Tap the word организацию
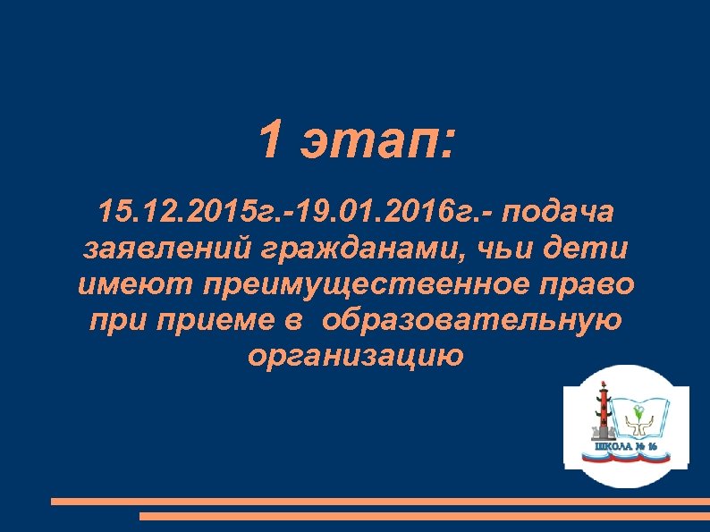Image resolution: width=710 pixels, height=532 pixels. [355, 357]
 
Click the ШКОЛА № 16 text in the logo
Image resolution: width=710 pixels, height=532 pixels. [626, 444]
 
